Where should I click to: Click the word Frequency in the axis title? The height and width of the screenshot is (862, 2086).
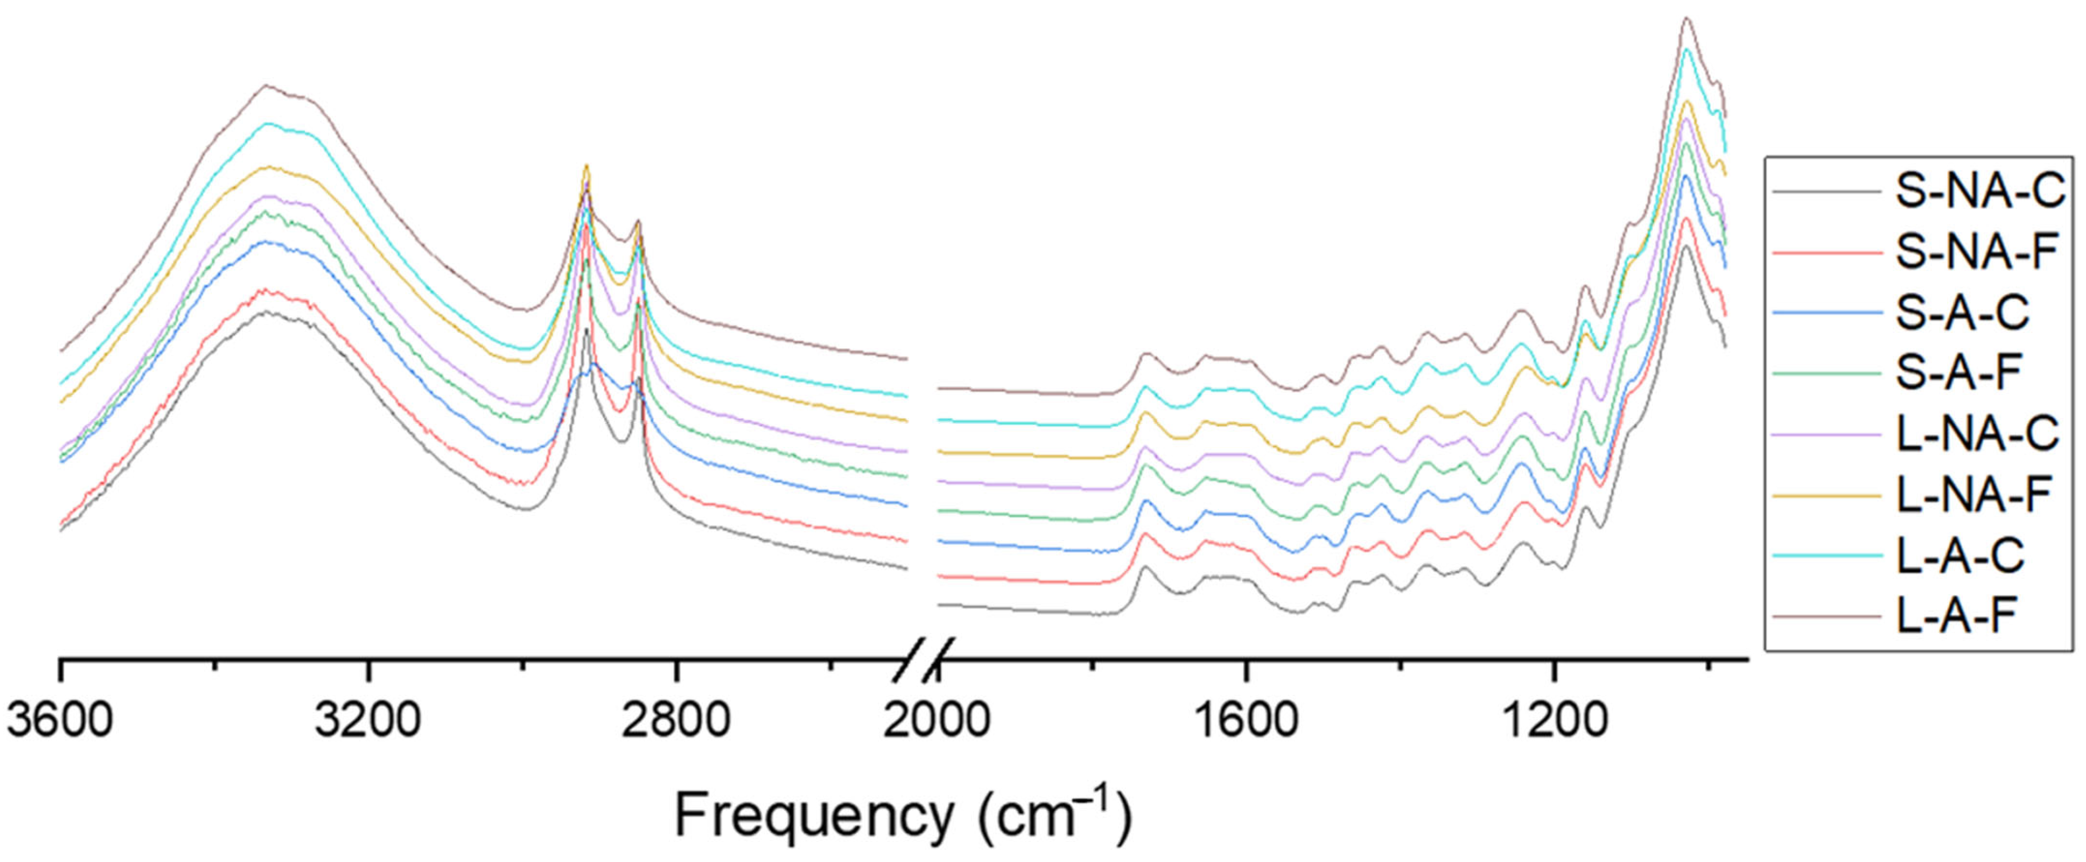(814, 816)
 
